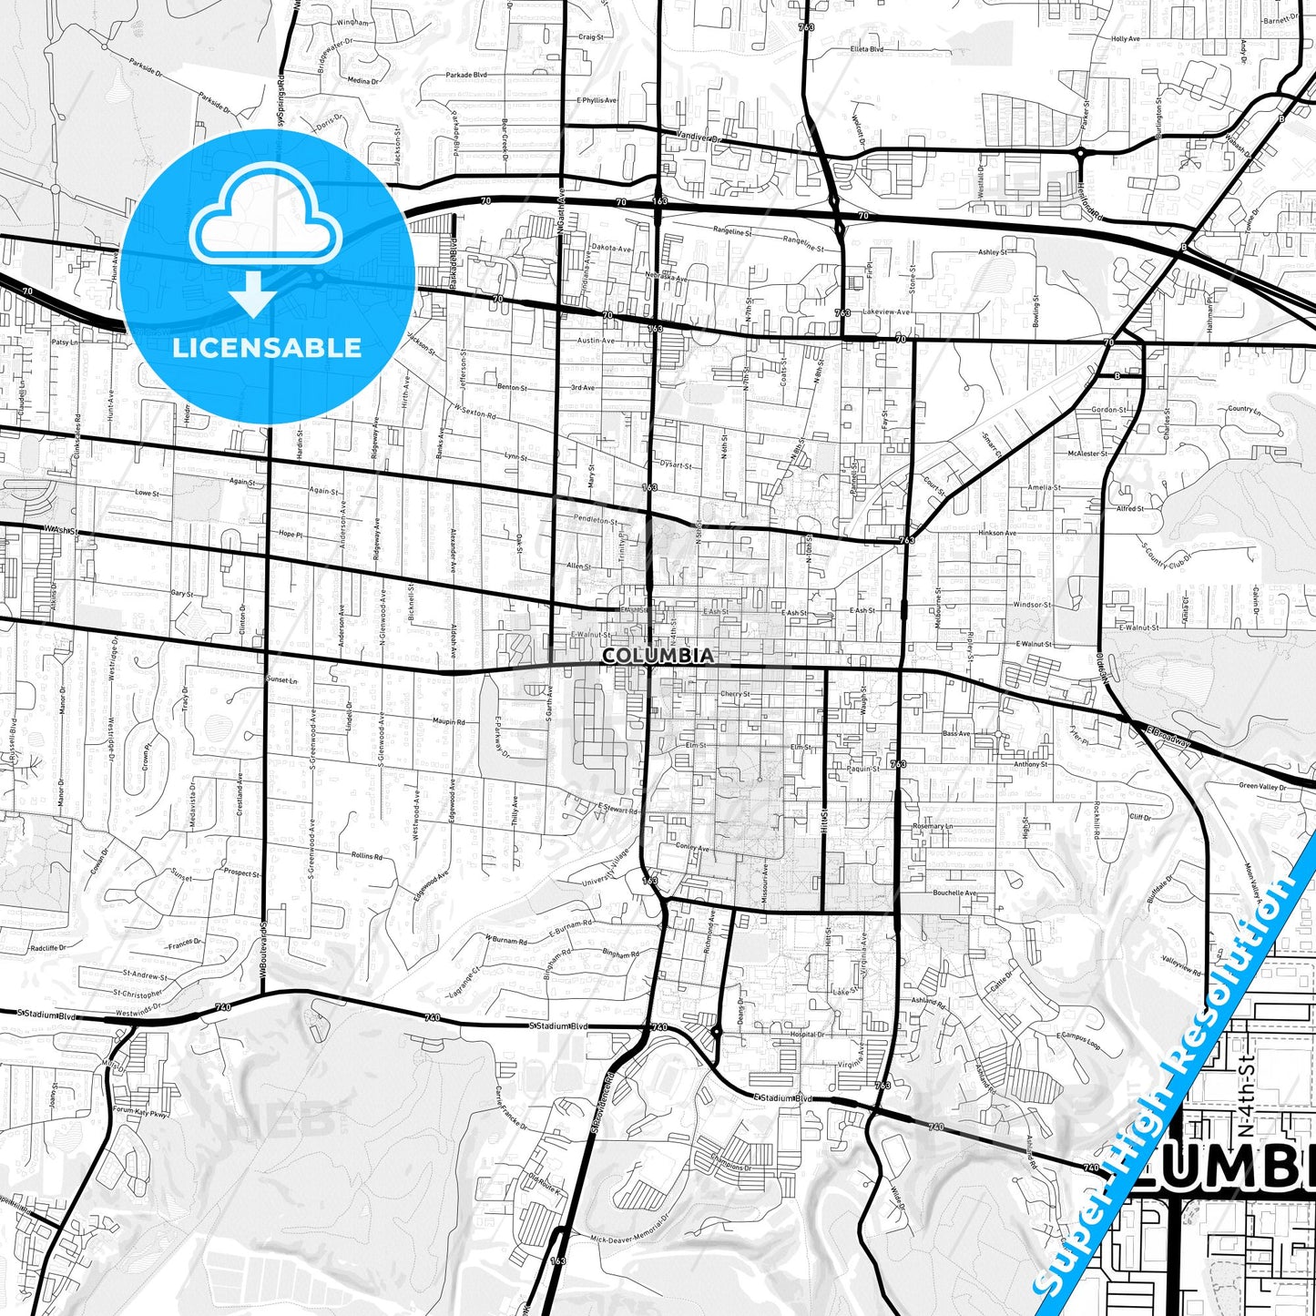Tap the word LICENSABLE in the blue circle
tap(267, 347)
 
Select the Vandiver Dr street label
tap(699, 138)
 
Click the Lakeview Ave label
tap(885, 311)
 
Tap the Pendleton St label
tap(596, 521)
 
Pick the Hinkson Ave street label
tap(997, 533)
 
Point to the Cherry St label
tap(735, 694)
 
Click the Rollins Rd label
tap(366, 856)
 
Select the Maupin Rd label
tap(448, 722)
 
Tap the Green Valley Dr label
tap(1262, 786)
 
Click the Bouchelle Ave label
tap(954, 893)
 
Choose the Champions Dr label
tap(731, 1168)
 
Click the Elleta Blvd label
tap(866, 49)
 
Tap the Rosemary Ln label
tap(932, 826)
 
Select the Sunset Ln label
tap(281, 680)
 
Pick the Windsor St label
tap(1032, 605)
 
